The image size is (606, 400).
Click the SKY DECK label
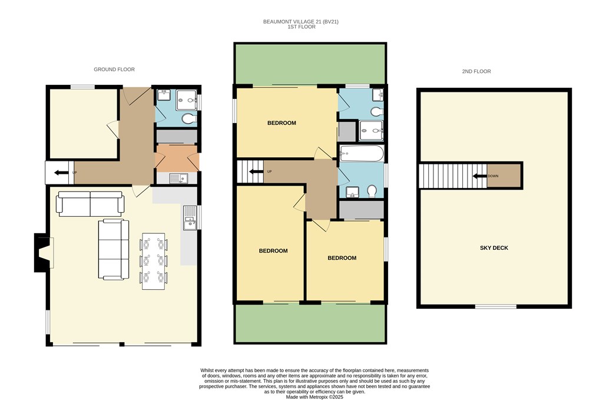tap(494, 248)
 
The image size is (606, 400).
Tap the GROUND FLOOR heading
tap(114, 70)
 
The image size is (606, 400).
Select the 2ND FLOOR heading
tap(476, 71)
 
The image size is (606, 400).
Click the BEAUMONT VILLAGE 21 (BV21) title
tap(301, 22)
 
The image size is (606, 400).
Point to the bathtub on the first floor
tap(362, 153)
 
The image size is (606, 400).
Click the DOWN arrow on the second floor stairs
tap(479, 176)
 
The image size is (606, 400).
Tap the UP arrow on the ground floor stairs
tap(61, 173)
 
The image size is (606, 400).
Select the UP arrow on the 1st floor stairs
tap(256, 171)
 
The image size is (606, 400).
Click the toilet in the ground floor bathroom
tap(189, 118)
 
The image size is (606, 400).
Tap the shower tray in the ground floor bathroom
tap(187, 100)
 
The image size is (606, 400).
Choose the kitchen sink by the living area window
tap(190, 217)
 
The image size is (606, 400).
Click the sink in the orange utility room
tap(178, 178)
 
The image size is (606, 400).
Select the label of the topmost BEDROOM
tap(282, 123)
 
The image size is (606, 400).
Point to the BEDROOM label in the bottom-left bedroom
tap(273, 251)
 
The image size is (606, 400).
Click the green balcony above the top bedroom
tap(310, 64)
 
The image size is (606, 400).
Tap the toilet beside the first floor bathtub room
tap(372, 191)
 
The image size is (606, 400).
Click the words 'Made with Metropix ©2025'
tap(314, 397)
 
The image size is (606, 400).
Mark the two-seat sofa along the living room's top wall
tap(90, 204)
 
